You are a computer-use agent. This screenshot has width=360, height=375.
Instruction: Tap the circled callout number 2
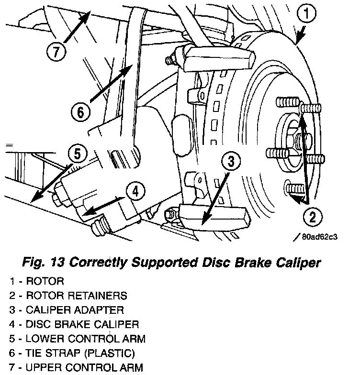point(312,218)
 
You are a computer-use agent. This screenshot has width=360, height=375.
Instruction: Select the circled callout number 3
point(231,162)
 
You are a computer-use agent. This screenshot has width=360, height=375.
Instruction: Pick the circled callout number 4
point(135,192)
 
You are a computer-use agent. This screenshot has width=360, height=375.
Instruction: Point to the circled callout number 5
point(77,154)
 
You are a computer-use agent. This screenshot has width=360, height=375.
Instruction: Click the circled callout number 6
point(80,113)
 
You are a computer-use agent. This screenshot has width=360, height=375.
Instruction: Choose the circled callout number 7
point(56,52)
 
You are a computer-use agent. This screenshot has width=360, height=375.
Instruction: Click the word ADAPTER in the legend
point(101,310)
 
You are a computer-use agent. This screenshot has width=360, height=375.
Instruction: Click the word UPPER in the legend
point(42,368)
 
